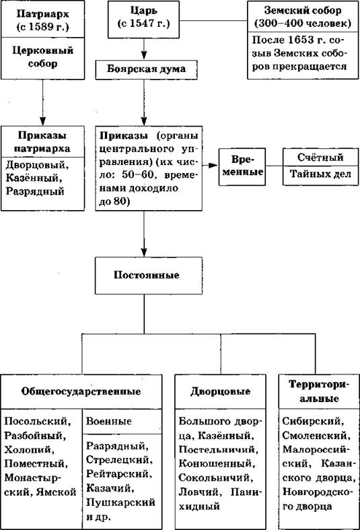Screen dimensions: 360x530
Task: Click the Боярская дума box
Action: (146, 70)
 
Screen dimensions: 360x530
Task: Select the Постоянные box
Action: (149, 275)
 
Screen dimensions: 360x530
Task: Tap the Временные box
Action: (242, 166)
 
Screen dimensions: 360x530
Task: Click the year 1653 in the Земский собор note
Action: (301, 40)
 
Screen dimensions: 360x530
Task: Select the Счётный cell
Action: (320, 157)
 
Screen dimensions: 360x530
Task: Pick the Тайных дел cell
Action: (320, 175)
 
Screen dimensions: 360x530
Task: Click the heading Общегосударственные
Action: (81, 391)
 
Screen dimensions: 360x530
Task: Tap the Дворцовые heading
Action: (220, 391)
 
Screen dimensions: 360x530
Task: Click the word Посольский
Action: (38, 422)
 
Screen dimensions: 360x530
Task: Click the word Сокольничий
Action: (215, 478)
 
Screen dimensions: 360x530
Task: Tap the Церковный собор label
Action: (43, 57)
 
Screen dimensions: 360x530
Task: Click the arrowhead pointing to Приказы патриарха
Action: (42, 121)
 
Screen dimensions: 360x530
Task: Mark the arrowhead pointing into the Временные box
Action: (213, 165)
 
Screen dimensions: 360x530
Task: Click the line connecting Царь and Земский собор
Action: (213, 21)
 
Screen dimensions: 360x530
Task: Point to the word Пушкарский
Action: (120, 502)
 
